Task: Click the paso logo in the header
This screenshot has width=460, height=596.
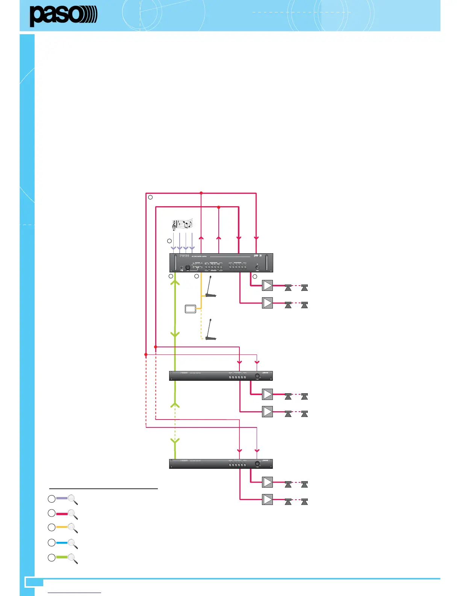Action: pyautogui.click(x=63, y=16)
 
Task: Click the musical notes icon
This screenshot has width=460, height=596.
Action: pyautogui.click(x=182, y=224)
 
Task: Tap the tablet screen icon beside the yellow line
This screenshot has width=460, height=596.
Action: pyautogui.click(x=191, y=309)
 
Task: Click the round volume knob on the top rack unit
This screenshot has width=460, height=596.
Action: pyautogui.click(x=188, y=268)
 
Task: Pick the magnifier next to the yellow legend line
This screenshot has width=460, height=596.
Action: pyautogui.click(x=73, y=528)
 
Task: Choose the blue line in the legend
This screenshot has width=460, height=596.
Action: pyautogui.click(x=62, y=543)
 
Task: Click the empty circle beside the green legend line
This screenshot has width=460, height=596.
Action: pyautogui.click(x=52, y=558)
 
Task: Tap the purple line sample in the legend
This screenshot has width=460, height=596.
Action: pyautogui.click(x=62, y=499)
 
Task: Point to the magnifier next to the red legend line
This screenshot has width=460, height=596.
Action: pyautogui.click(x=73, y=514)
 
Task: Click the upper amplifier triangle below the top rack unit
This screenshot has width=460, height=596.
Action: pyautogui.click(x=267, y=286)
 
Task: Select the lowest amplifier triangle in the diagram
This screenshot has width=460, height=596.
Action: pyautogui.click(x=267, y=499)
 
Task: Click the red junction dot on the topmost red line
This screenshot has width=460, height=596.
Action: pyautogui.click(x=201, y=193)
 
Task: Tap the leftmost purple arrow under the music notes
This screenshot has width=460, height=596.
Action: pyautogui.click(x=173, y=248)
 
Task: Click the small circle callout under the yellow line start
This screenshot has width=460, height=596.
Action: pyautogui.click(x=197, y=276)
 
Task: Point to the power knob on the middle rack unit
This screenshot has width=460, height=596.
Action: pyautogui.click(x=257, y=376)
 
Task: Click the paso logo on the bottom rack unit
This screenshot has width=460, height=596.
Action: pyautogui.click(x=265, y=460)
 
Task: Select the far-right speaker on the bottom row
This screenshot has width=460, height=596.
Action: pyautogui.click(x=304, y=502)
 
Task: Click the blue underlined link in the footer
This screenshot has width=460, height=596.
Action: pyautogui.click(x=75, y=593)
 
